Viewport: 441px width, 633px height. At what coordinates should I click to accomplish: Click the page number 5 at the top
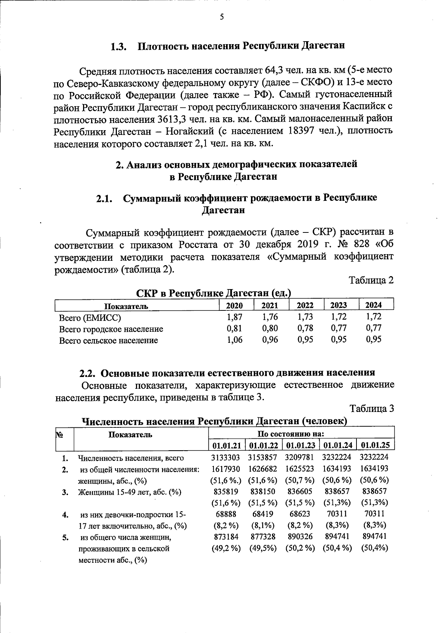pos(221,17)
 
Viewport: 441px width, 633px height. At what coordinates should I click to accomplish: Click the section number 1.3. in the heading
pos(119,47)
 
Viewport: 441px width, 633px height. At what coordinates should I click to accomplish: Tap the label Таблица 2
pos(371,280)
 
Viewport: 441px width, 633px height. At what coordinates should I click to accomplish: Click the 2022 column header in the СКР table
pos(305,305)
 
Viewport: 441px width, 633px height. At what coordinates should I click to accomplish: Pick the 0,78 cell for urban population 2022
pos(305,328)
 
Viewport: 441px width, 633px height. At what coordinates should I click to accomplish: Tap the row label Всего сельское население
pos(108,340)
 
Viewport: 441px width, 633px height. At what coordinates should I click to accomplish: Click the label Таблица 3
pos(372,409)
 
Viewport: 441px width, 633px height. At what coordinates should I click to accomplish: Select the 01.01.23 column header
pos(301,445)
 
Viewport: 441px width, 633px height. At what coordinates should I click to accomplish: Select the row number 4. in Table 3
pos(65,515)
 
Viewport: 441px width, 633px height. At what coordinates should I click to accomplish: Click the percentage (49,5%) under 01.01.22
pos(263,548)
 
